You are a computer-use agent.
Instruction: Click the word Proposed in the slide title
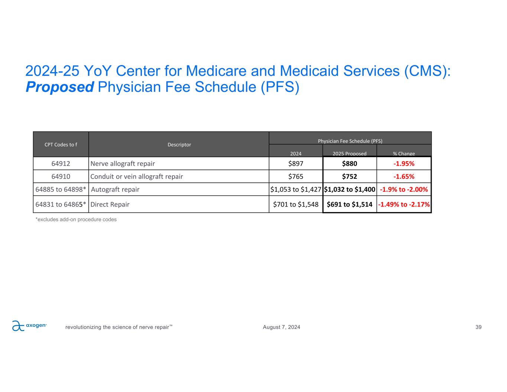coord(59,87)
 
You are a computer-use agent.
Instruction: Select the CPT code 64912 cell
coord(61,163)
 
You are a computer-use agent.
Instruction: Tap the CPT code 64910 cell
coord(61,176)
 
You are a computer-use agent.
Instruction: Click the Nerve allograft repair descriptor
coord(123,163)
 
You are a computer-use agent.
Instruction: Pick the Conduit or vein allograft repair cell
coord(137,176)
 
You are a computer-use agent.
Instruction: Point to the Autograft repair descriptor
coord(115,189)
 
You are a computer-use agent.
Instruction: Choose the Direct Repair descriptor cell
coord(110,204)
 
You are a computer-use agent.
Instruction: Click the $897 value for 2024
coord(296,163)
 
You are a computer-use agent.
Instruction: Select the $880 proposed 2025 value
coord(350,163)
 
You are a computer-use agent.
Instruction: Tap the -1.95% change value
coord(404,163)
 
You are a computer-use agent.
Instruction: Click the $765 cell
coord(296,176)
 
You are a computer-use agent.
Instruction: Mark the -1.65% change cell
coord(404,176)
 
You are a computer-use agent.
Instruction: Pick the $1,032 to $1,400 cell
coord(350,189)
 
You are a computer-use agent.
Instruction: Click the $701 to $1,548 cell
coord(296,204)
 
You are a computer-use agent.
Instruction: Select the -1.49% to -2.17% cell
coord(404,204)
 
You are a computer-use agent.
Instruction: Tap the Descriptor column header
coord(179,145)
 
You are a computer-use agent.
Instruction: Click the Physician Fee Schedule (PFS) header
coord(350,141)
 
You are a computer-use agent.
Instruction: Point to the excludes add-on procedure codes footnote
coord(76,220)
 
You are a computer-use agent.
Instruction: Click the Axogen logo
coord(29,326)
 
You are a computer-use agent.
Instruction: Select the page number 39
coord(478,327)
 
